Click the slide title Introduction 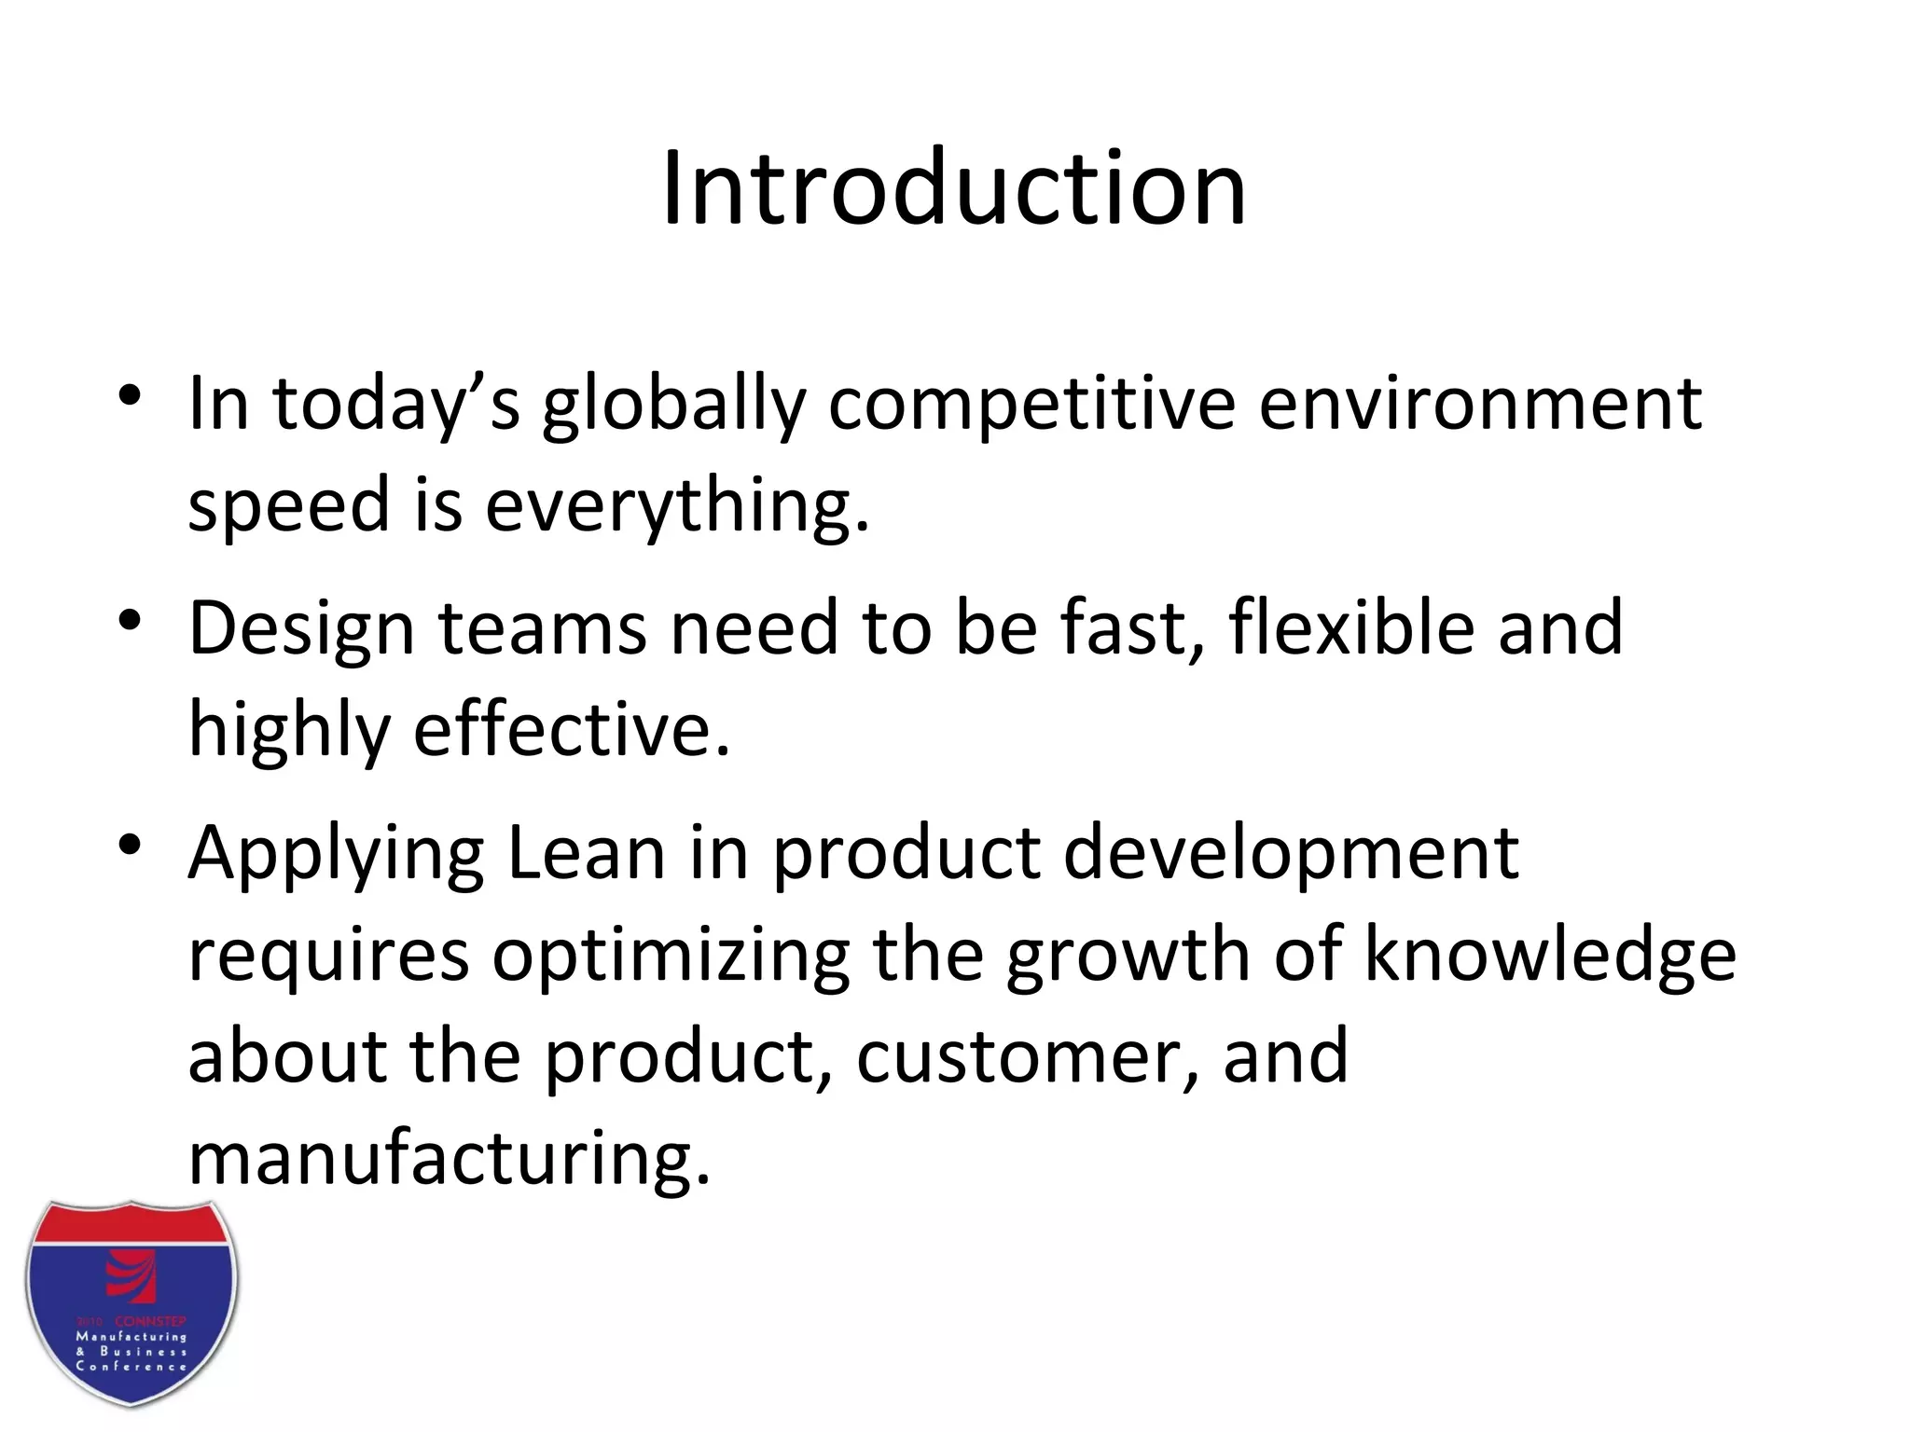(x=953, y=189)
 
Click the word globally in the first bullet (x=673, y=406)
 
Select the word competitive (x=1031, y=406)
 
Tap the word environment (x=1480, y=404)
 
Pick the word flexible (x=1351, y=627)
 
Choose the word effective (x=571, y=730)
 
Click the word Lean (x=586, y=853)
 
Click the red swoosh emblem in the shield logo (x=131, y=1278)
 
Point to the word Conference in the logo (x=131, y=1367)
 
